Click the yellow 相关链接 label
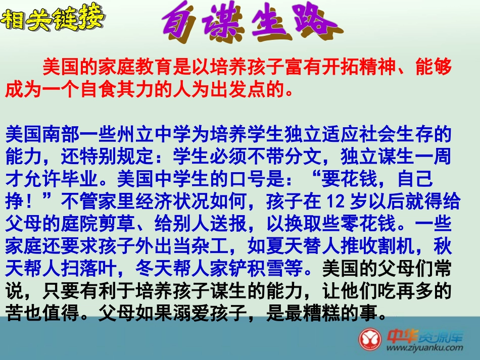[x=53, y=20]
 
